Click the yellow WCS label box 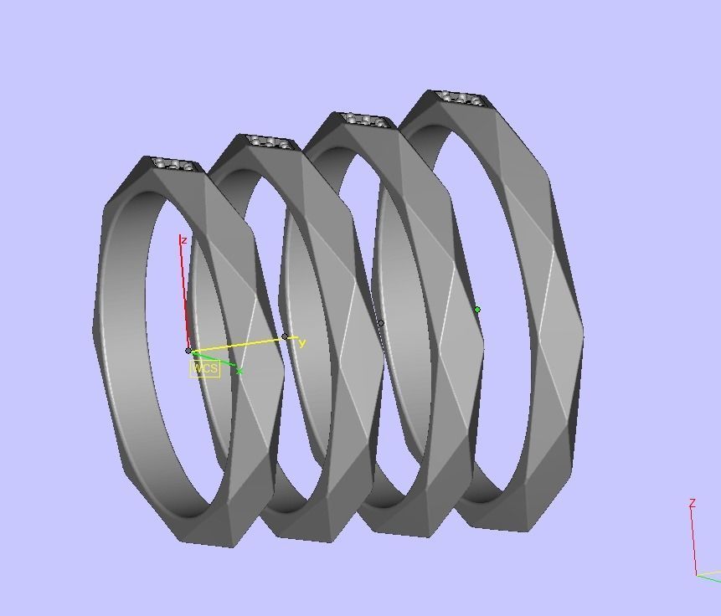[x=204, y=368]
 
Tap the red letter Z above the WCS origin [x=183, y=240]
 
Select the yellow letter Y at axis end [x=302, y=343]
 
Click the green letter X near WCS [x=239, y=371]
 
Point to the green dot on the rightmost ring [x=477, y=310]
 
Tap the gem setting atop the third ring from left [x=366, y=121]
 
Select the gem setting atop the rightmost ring [x=461, y=99]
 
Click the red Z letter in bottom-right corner [x=693, y=503]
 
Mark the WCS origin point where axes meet [x=188, y=352]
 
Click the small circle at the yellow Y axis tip [x=285, y=337]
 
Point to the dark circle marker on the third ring [x=380, y=323]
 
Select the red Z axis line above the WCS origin [x=185, y=293]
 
